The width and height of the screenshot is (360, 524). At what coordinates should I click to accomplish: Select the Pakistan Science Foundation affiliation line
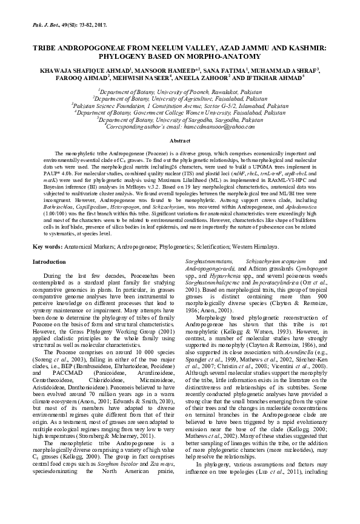tap(179, 105)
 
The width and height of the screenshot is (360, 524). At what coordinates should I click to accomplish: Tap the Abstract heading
tap(179, 141)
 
